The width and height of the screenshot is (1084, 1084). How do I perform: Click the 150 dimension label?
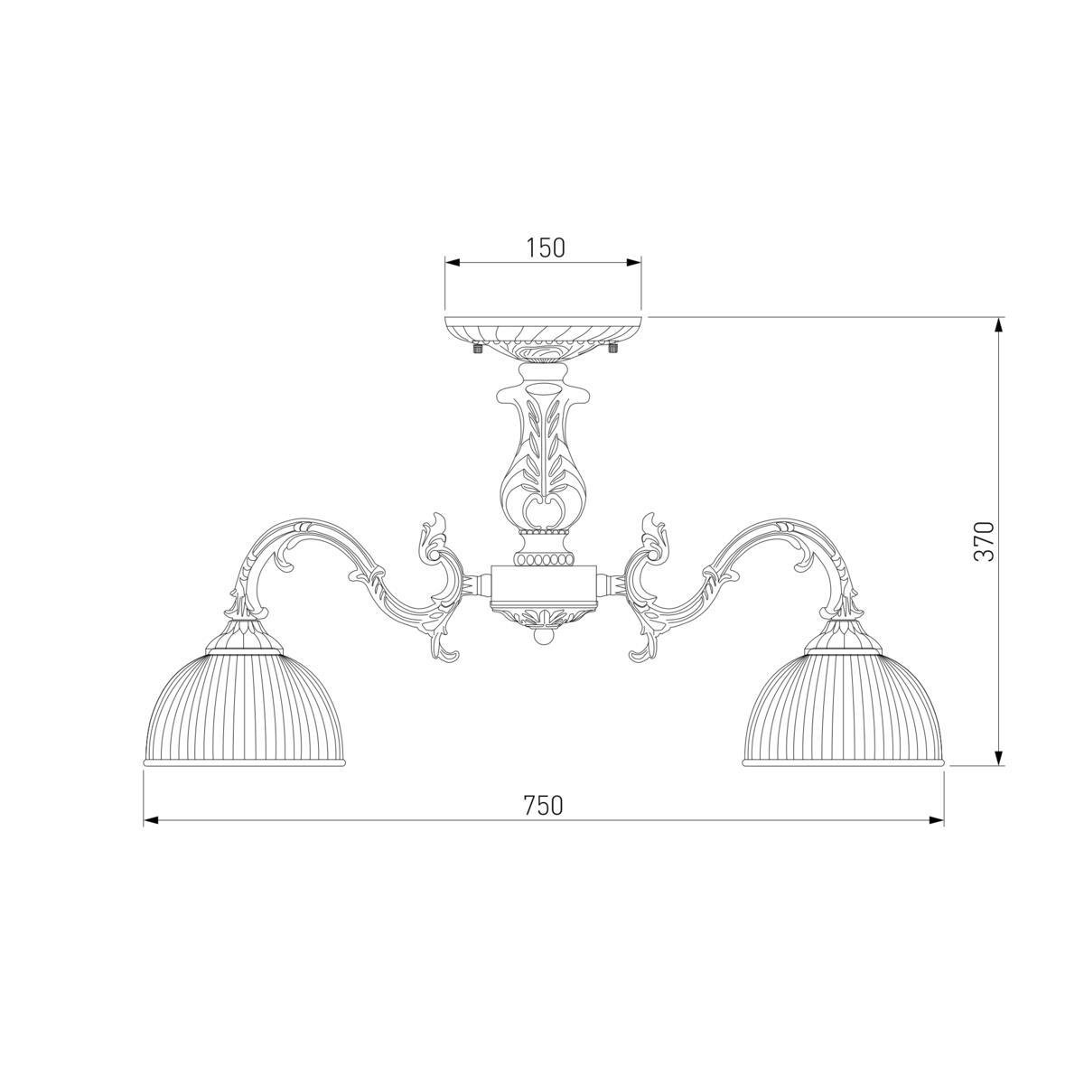545,248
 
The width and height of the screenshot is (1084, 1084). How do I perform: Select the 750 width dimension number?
544,806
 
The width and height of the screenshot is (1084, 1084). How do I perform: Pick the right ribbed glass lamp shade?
843,708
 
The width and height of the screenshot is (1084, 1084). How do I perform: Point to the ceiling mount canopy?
544,337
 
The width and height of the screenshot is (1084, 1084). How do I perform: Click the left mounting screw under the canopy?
478,349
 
